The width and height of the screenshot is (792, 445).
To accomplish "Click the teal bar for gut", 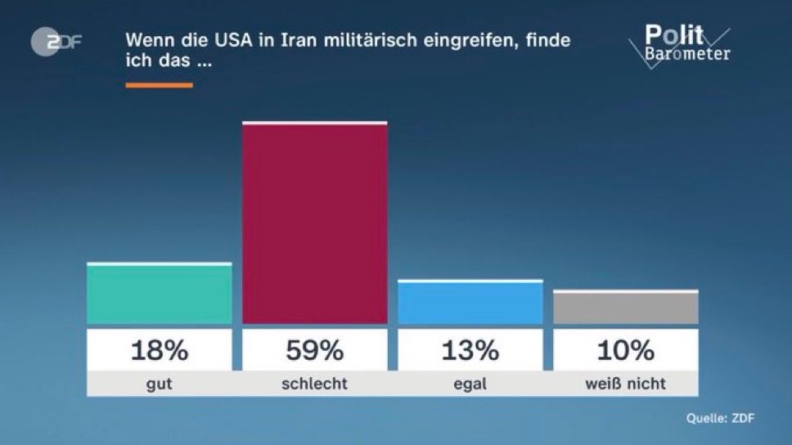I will [160, 294].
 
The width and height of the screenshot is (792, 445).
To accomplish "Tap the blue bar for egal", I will [470, 303].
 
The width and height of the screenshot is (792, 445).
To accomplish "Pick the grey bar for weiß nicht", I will [626, 308].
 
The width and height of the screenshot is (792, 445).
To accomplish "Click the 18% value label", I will [160, 350].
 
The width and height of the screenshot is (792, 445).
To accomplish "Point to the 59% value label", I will [314, 350].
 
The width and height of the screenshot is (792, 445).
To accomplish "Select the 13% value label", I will [470, 350].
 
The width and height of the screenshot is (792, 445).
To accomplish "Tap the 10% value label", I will [626, 350].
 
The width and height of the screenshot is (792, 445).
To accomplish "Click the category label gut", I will [160, 384].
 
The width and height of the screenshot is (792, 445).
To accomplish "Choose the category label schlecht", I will [314, 384].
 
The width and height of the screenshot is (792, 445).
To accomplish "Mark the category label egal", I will [470, 384].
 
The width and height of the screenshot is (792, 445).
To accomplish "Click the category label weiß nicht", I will [626, 384].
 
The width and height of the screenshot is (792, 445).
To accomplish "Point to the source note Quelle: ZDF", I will [720, 419].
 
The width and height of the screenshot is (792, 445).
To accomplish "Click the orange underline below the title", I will [159, 84].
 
